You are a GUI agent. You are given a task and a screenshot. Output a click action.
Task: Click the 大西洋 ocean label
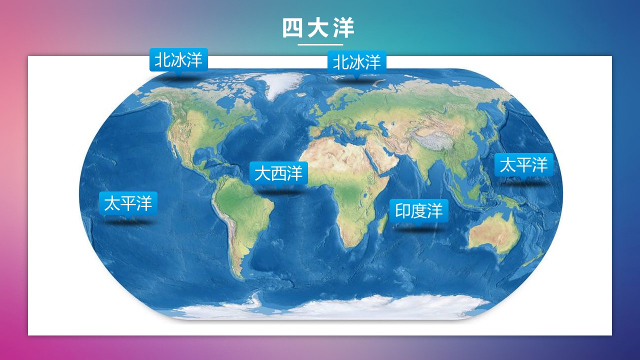click(x=278, y=173)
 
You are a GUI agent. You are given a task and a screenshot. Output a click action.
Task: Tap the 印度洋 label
click(x=419, y=210)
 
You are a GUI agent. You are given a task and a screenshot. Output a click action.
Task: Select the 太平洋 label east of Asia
click(x=524, y=165)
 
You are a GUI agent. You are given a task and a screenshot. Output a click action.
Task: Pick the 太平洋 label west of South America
click(x=128, y=203)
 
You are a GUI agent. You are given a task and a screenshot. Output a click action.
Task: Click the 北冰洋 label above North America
click(x=178, y=59)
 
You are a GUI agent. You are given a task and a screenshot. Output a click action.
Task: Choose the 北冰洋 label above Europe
click(x=357, y=62)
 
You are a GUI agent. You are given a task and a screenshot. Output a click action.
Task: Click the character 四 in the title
click(x=292, y=28)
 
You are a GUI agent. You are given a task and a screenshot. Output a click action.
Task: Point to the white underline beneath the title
click(x=320, y=44)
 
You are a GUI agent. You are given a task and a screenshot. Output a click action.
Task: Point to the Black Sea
click(x=363, y=125)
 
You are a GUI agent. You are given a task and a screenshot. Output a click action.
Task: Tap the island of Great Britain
click(x=316, y=110)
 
